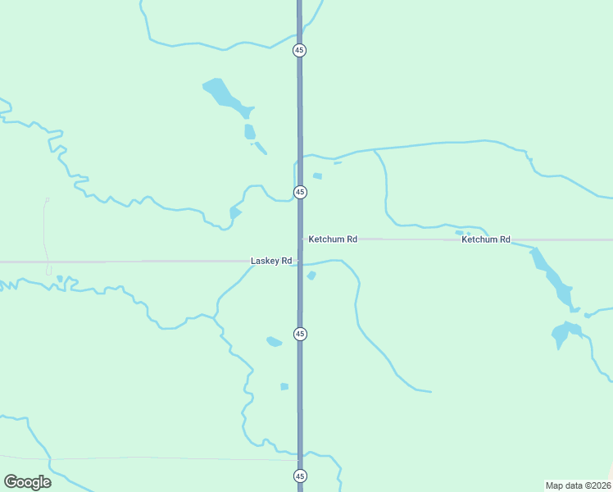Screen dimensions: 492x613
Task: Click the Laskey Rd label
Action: coord(270,261)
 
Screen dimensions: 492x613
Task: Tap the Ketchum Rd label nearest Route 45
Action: coord(333,239)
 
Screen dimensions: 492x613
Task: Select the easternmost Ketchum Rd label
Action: coord(486,239)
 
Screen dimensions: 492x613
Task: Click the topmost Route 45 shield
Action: coord(300,50)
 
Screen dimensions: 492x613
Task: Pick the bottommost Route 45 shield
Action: coord(300,476)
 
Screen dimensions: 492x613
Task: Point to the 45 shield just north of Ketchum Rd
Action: coord(300,192)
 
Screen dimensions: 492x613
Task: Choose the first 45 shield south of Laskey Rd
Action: coord(300,334)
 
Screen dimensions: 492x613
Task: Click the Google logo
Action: coord(27,482)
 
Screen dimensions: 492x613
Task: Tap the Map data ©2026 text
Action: coord(578,485)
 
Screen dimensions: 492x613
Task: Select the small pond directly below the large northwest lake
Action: coord(249,131)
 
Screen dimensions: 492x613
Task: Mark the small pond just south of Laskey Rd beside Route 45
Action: coord(311,276)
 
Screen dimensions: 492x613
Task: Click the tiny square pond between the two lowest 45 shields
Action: coord(284,386)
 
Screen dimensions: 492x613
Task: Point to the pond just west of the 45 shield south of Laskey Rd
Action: coord(274,341)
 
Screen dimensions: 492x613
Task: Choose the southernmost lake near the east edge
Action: coord(565,333)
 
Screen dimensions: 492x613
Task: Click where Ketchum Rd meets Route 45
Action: coord(300,239)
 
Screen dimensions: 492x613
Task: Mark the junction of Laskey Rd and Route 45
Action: coord(299,262)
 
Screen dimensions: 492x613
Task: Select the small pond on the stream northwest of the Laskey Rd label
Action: coord(235,213)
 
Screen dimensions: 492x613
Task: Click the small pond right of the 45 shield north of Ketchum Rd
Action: coord(317,175)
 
